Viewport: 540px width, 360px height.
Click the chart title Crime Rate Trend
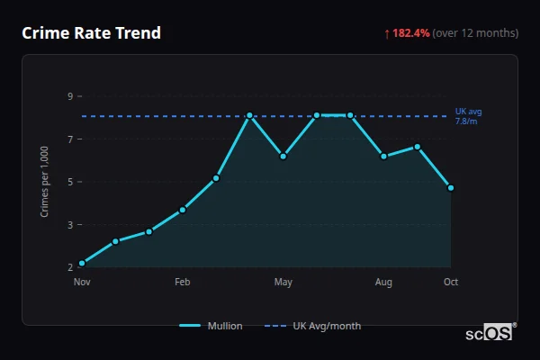click(x=91, y=33)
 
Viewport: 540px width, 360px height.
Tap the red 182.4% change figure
click(x=410, y=33)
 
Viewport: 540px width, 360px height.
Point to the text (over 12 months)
click(x=475, y=33)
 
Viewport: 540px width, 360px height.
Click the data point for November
click(x=82, y=264)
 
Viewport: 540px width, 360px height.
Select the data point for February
click(x=183, y=210)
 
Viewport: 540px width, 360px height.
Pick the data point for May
click(x=283, y=156)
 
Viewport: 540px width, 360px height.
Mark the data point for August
click(x=383, y=156)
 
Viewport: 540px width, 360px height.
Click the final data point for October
click(x=451, y=188)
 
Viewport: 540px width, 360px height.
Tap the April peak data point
click(x=249, y=115)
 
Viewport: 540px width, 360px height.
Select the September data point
click(x=418, y=147)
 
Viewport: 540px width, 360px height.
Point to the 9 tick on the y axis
click(x=70, y=96)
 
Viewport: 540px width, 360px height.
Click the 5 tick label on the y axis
click(x=70, y=182)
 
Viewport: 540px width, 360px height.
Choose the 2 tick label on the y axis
click(x=70, y=267)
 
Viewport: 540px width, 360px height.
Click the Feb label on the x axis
click(x=183, y=283)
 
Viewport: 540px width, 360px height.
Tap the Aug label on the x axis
click(x=383, y=283)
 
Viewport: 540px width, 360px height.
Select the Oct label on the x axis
click(x=451, y=283)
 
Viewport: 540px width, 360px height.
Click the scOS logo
click(x=490, y=333)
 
